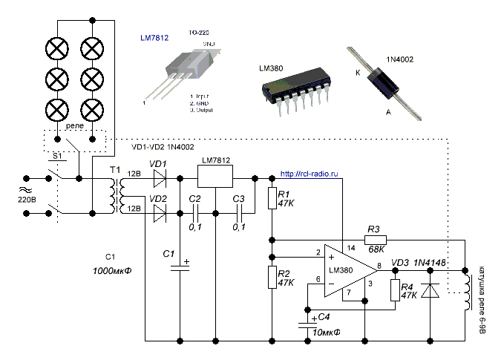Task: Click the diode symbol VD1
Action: click(x=157, y=178)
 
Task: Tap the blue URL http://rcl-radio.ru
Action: click(x=310, y=175)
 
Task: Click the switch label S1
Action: click(x=56, y=157)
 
